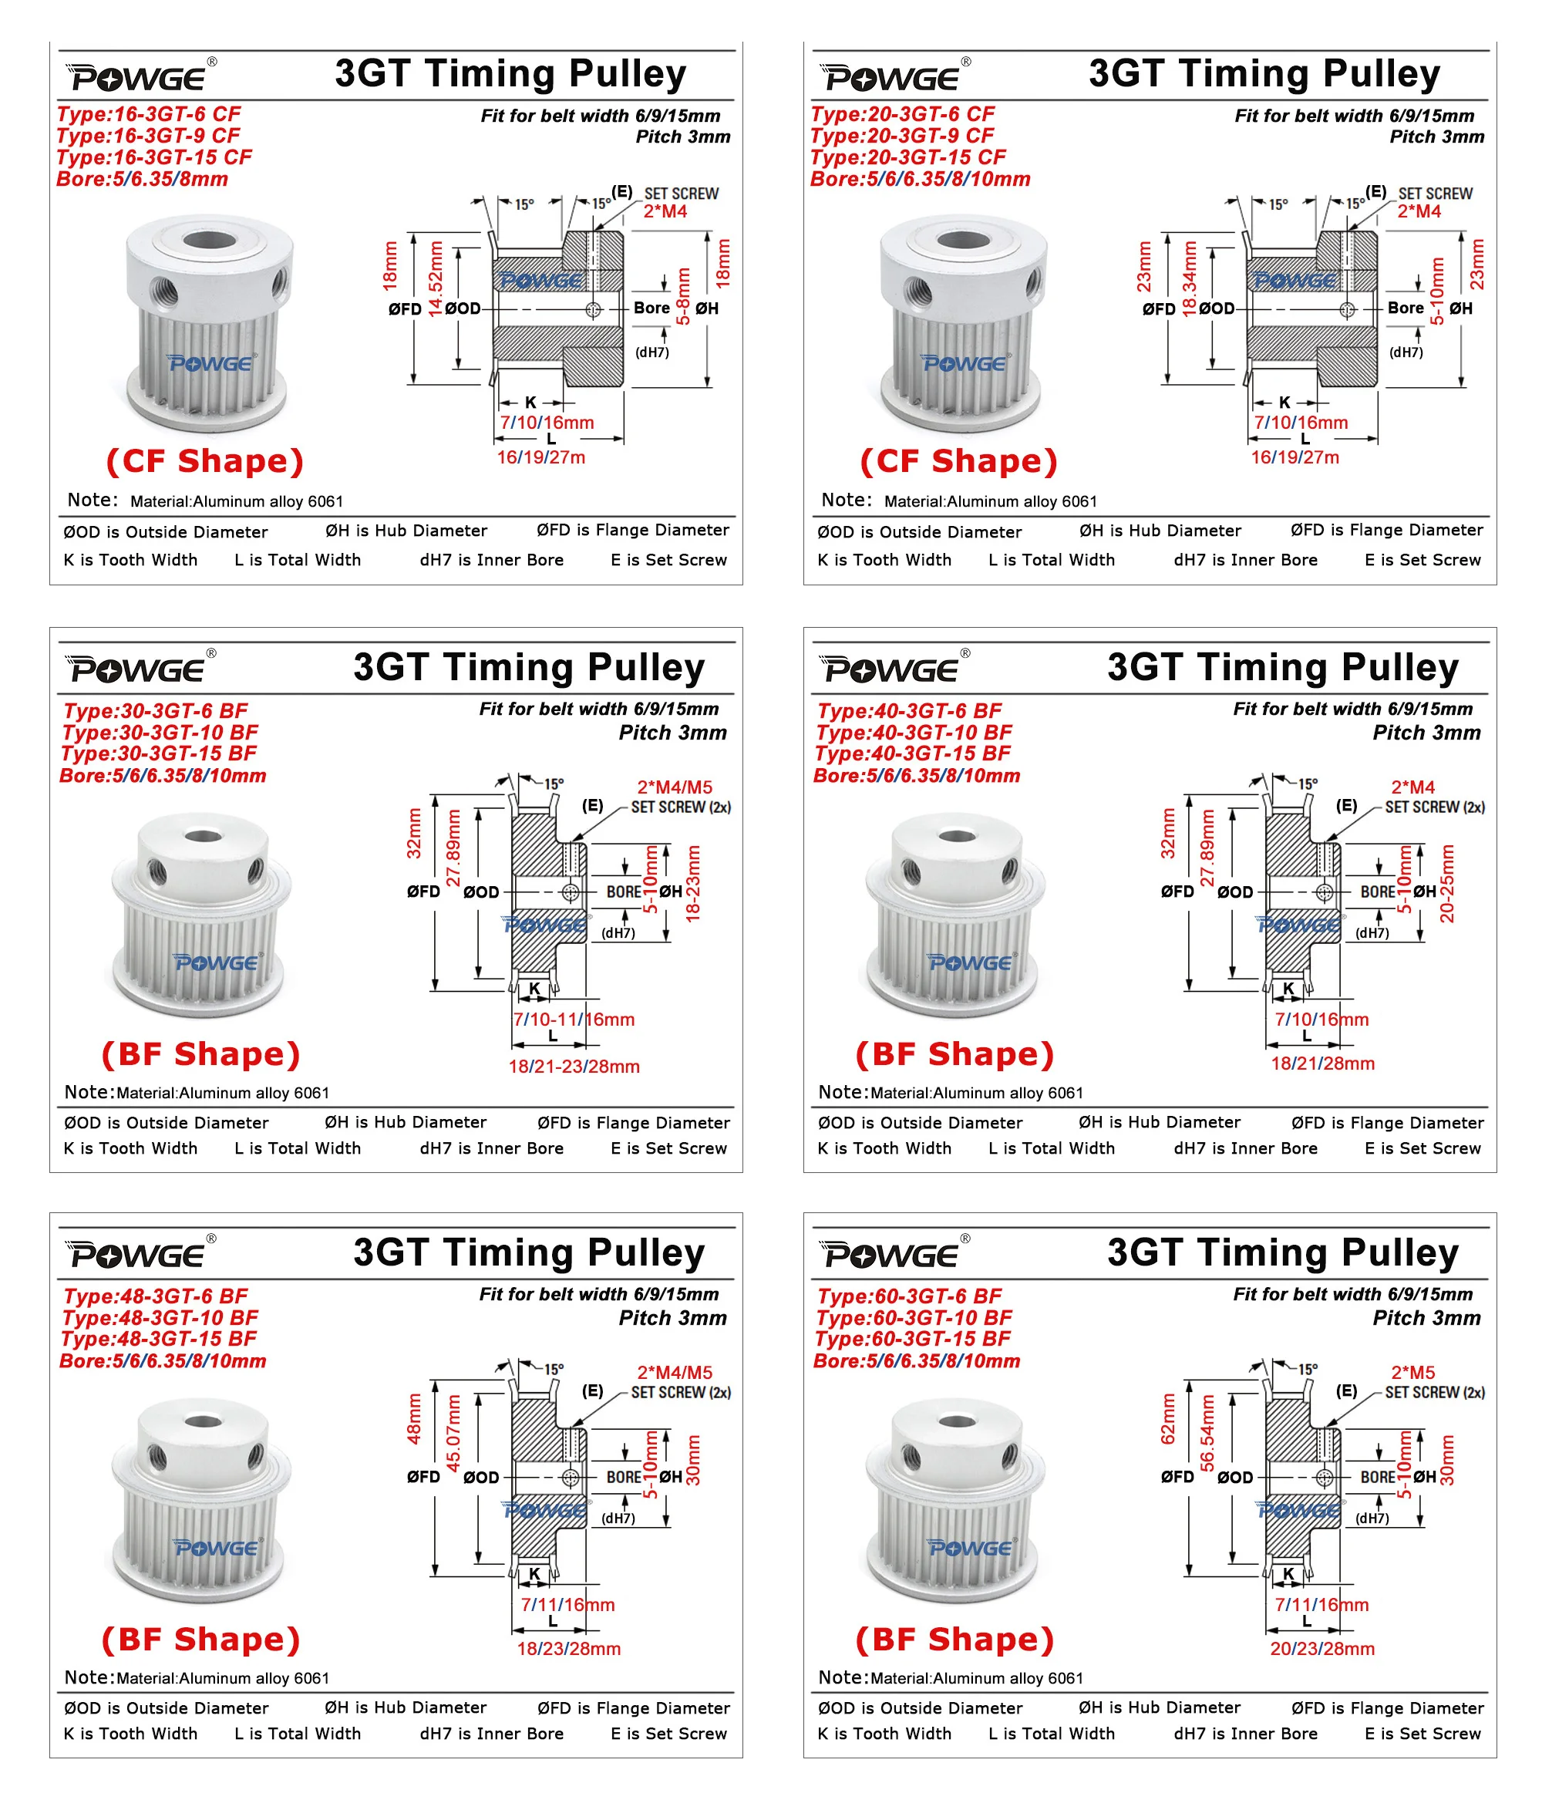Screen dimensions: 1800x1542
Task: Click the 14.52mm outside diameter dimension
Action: click(436, 280)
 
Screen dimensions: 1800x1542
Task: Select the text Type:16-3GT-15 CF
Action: click(153, 157)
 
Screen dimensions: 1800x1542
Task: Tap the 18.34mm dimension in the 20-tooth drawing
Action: click(1190, 280)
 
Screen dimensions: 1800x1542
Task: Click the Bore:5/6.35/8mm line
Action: click(142, 179)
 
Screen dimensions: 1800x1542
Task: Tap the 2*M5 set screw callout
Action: click(1412, 1373)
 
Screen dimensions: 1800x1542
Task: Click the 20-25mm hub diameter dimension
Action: click(1447, 884)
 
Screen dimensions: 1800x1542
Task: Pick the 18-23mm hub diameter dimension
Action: click(693, 884)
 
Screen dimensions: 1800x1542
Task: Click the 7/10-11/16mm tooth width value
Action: click(574, 1020)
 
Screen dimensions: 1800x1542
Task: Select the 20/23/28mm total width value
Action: click(1322, 1649)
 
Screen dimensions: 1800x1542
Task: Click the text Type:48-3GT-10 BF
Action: click(160, 1318)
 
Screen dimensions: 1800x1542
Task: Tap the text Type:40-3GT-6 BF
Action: click(909, 710)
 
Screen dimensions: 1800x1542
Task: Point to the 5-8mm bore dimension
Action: click(684, 296)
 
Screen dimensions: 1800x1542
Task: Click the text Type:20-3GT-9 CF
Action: click(902, 136)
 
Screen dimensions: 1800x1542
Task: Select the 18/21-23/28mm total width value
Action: click(574, 1067)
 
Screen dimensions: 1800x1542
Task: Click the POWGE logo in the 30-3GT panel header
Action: click(139, 669)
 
